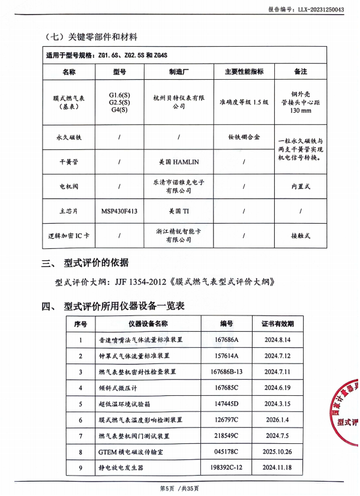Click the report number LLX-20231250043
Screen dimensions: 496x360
(x=325, y=10)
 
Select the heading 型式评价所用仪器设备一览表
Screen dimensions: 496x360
(x=124, y=306)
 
